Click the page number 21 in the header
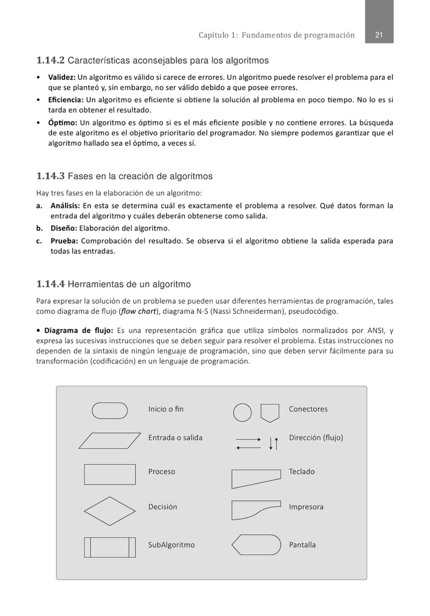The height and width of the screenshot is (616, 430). pyautogui.click(x=379, y=35)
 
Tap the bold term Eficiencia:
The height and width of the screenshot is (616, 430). pyautogui.click(x=66, y=100)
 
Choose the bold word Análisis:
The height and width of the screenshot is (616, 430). pyautogui.click(x=65, y=206)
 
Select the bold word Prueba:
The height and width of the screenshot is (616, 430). pyautogui.click(x=64, y=241)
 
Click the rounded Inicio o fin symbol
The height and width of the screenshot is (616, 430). pyautogui.click(x=110, y=410)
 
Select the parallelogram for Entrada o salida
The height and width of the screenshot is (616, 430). pyautogui.click(x=110, y=441)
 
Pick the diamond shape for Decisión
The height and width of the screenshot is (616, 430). pyautogui.click(x=110, y=511)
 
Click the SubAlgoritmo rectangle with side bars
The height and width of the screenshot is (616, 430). pyautogui.click(x=110, y=547)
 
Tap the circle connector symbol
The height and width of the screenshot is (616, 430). pyautogui.click(x=242, y=412)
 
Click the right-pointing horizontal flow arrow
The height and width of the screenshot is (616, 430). pyautogui.click(x=248, y=439)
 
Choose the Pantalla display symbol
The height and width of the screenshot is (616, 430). pyautogui.click(x=256, y=545)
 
